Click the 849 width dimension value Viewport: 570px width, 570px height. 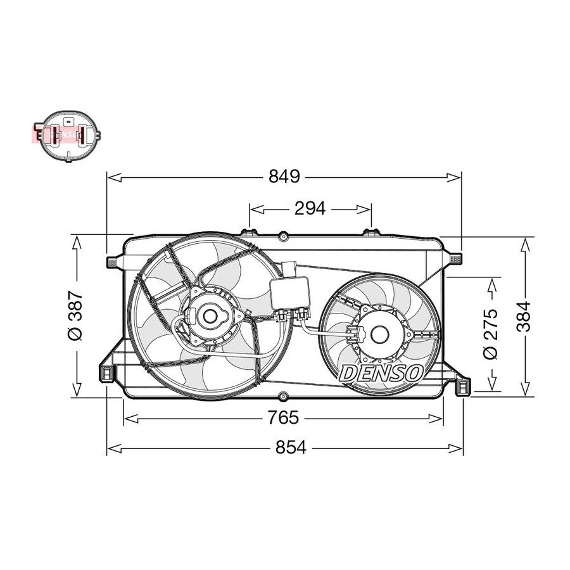[x=284, y=177]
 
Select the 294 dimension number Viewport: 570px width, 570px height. [x=310, y=208]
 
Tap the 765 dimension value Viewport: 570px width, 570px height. [x=283, y=417]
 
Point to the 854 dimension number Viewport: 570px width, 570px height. [x=291, y=447]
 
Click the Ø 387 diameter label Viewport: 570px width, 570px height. [x=75, y=315]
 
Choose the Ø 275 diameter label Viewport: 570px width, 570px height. [x=490, y=334]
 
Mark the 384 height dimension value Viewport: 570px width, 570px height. [x=524, y=316]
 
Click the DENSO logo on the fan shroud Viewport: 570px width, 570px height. [x=381, y=373]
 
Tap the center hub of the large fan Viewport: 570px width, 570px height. [x=210, y=316]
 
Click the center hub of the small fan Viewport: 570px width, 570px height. [x=379, y=334]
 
